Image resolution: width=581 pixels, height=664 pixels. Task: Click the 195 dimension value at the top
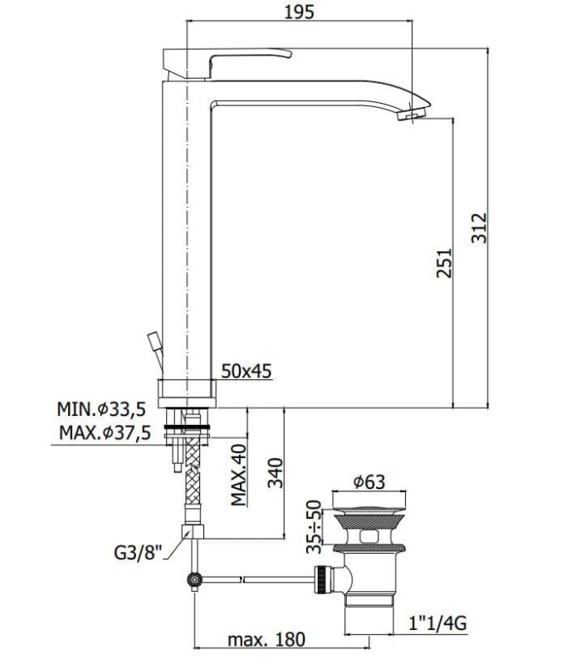click(x=299, y=12)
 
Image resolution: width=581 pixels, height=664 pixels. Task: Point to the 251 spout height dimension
click(x=444, y=263)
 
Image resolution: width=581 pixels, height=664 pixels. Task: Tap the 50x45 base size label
click(x=246, y=371)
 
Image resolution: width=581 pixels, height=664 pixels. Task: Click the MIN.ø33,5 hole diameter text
click(x=101, y=409)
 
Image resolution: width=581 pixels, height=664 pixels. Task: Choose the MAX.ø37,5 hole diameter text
click(x=105, y=432)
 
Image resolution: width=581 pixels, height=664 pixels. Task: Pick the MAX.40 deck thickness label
click(x=238, y=475)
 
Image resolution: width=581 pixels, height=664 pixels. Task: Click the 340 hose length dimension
click(x=276, y=472)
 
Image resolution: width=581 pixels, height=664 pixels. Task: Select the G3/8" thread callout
click(x=139, y=553)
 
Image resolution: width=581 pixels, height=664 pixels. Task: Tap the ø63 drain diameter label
click(x=369, y=482)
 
